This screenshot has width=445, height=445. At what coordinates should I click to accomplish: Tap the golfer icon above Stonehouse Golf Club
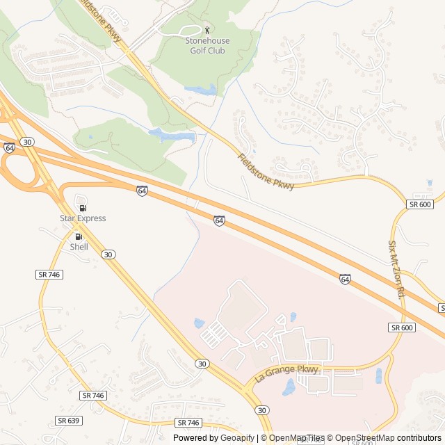click(x=207, y=30)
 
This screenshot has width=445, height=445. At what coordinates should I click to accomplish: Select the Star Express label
click(x=83, y=218)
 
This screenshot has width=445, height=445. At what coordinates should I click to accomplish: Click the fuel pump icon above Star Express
click(x=83, y=207)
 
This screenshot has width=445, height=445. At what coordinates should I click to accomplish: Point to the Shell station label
click(x=79, y=246)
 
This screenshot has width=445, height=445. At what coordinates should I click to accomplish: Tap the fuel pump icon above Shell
click(x=79, y=236)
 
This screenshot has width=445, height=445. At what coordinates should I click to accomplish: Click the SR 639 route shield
click(x=67, y=421)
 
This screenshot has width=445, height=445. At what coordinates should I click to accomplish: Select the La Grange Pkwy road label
click(x=286, y=374)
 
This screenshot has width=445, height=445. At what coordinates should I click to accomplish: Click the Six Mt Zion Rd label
click(x=396, y=269)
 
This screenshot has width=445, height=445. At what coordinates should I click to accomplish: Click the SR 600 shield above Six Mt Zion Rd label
click(x=420, y=204)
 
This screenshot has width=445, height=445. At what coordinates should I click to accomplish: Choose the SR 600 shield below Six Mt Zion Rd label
click(x=402, y=327)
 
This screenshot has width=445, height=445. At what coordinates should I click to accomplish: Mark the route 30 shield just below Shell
click(x=107, y=255)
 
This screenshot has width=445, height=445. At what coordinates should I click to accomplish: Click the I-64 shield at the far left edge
click(x=9, y=148)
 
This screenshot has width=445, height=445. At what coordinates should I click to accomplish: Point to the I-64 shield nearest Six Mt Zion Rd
click(x=345, y=279)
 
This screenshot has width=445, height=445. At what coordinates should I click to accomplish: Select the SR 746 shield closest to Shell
click(x=49, y=275)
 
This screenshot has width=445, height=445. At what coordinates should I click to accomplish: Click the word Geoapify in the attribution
click(x=237, y=438)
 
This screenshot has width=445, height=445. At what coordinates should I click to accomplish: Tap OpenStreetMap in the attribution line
click(x=365, y=438)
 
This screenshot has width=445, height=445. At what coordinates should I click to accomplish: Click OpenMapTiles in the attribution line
click(x=297, y=438)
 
